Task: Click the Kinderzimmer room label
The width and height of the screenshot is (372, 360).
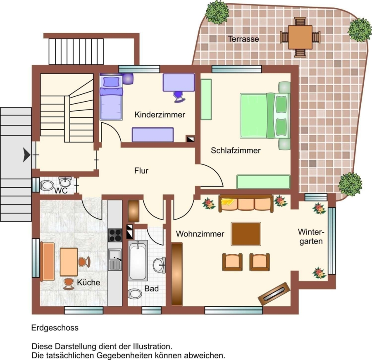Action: [x=160, y=114]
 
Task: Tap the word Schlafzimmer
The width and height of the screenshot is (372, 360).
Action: [x=236, y=150]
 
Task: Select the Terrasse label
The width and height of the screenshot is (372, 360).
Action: [x=243, y=39]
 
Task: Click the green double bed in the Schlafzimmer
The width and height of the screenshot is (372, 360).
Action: [x=265, y=116]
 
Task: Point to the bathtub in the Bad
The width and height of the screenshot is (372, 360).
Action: [x=138, y=260]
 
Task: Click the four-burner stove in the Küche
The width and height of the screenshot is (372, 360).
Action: [x=115, y=235]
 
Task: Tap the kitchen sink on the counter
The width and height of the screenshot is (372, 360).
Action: [x=115, y=260]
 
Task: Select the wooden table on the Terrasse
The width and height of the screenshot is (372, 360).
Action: [x=300, y=37]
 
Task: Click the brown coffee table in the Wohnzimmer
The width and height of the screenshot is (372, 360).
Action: [x=246, y=234]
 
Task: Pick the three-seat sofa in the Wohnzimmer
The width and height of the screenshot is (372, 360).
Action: [x=246, y=203]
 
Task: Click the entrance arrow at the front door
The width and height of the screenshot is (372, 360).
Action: [x=26, y=155]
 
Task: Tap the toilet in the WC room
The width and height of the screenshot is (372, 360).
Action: [x=47, y=185]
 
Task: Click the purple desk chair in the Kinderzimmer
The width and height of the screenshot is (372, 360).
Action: [x=179, y=97]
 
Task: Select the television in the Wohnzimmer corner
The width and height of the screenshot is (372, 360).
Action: [x=274, y=294]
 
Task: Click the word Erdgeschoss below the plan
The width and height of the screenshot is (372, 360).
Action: [x=55, y=328]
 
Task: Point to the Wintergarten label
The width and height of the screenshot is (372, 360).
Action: [x=311, y=236]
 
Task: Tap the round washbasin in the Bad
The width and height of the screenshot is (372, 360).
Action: [x=159, y=265]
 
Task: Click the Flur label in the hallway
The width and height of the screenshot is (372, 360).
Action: [x=141, y=171]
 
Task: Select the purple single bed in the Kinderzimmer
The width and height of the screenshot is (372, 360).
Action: [x=111, y=97]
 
